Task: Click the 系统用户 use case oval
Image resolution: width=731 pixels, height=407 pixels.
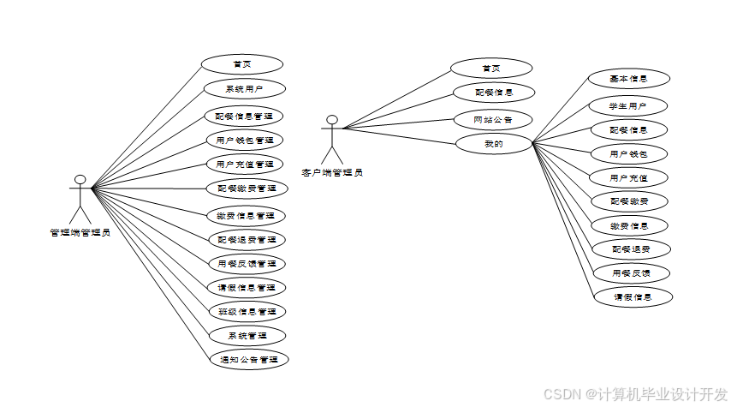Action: click(244, 88)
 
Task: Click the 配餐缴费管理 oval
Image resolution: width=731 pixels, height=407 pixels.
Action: click(247, 188)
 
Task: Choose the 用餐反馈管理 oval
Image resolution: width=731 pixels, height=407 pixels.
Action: click(247, 263)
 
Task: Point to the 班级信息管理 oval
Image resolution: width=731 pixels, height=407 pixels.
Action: click(247, 311)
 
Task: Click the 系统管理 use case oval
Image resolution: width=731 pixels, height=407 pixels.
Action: click(247, 335)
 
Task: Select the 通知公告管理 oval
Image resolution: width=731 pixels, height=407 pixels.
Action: click(247, 359)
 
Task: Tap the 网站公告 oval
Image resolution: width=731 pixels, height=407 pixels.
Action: click(493, 119)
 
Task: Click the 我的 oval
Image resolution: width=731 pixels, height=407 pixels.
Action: click(493, 144)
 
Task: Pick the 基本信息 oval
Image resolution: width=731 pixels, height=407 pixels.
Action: click(628, 79)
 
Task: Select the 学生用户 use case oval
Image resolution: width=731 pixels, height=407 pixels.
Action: click(627, 107)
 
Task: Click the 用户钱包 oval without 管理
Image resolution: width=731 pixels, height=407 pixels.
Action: click(628, 154)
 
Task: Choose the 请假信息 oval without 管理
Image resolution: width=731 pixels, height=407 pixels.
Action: click(633, 297)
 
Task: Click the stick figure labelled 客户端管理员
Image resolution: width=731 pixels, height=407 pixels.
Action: click(331, 139)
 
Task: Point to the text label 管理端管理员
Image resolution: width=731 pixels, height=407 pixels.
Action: click(80, 231)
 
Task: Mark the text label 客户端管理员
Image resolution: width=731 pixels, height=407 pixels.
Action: click(331, 172)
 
